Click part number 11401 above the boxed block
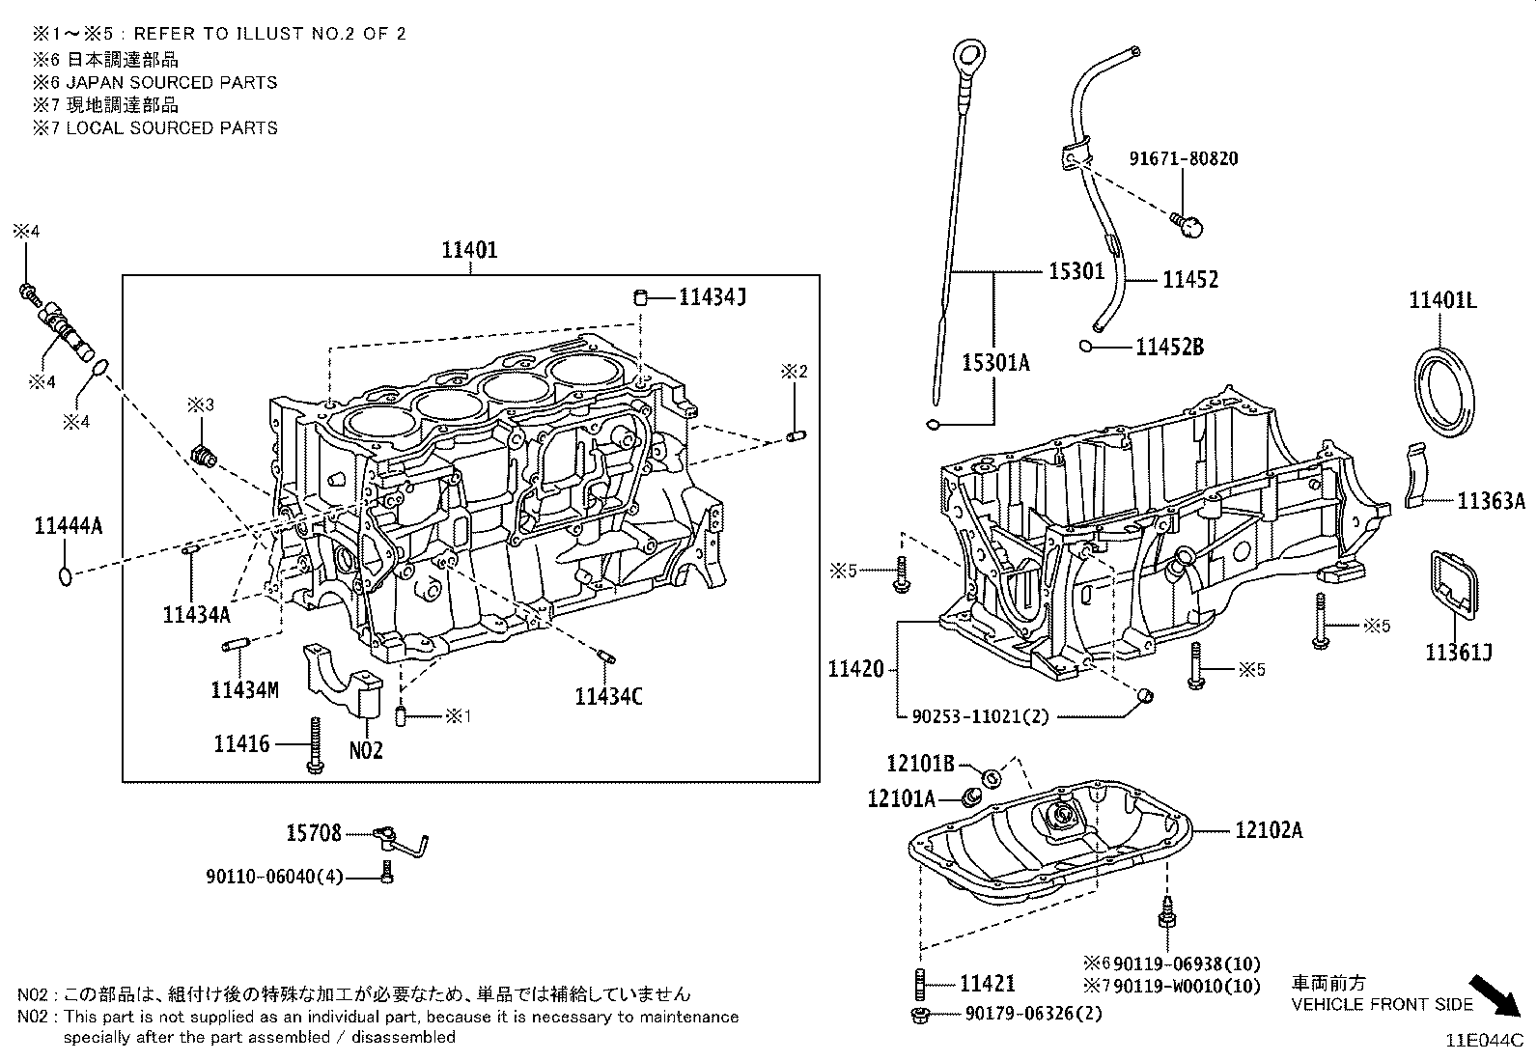tap(469, 250)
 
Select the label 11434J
tap(712, 297)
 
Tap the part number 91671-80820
tap(1184, 158)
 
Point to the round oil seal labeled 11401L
tap(1445, 394)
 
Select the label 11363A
tap(1491, 500)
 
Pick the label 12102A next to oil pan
tap(1268, 829)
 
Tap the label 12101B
tap(920, 764)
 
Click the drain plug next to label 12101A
tap(972, 797)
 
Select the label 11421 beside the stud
tap(987, 983)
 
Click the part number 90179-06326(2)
tap(1033, 1014)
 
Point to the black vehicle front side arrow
tap(1498, 994)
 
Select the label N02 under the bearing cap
tap(366, 749)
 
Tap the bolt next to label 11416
tap(315, 745)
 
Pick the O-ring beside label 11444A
tap(65, 576)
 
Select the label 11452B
tap(1169, 347)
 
